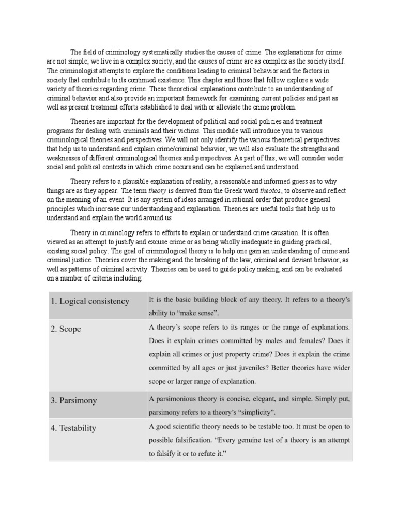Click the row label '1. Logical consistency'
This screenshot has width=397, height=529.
(x=90, y=301)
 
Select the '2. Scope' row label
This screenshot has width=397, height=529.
(x=66, y=329)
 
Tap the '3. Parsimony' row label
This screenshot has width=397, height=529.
(x=73, y=400)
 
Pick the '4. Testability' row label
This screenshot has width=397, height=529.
(x=73, y=428)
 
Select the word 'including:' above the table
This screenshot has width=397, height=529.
(x=124, y=278)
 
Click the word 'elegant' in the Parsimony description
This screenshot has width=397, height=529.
(x=265, y=398)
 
